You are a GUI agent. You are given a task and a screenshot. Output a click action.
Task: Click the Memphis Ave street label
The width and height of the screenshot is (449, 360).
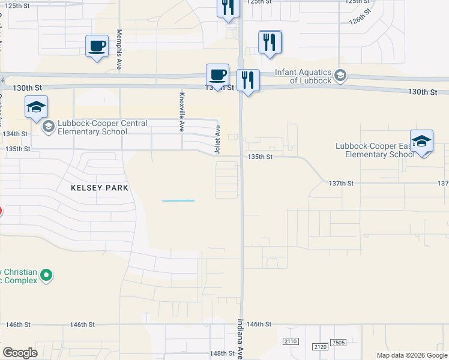point(120,50)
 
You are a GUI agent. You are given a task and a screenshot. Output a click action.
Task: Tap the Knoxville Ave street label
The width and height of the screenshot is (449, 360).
point(182,112)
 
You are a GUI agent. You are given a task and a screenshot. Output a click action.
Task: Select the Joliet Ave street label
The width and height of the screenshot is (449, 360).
point(218,137)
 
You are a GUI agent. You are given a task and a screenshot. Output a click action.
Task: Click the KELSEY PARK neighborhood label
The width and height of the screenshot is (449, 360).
point(100,188)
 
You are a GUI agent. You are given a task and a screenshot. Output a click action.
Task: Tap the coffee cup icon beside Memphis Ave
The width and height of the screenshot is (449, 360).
point(97,46)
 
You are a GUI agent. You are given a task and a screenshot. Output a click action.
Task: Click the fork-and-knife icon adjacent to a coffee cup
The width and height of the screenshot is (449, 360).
point(247,80)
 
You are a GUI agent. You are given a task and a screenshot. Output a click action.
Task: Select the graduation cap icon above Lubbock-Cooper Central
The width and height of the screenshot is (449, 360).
point(36,107)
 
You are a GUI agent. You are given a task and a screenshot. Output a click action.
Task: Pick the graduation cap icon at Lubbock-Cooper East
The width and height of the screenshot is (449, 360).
point(421,141)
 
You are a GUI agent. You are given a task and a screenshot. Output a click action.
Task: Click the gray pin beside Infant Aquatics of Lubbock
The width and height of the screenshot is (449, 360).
point(340,76)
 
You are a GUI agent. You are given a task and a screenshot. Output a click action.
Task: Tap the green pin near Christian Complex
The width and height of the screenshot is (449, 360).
point(46,275)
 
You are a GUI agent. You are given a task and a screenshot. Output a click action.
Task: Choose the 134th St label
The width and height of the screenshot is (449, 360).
point(16,134)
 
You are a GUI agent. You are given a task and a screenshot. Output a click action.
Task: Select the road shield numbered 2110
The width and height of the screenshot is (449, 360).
point(291,341)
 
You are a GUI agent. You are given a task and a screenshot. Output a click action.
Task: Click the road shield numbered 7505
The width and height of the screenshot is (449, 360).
point(337,342)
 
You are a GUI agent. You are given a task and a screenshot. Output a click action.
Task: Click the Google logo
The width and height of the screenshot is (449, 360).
point(20,353)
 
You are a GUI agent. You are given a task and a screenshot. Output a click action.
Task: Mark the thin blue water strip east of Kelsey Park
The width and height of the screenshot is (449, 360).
point(178,200)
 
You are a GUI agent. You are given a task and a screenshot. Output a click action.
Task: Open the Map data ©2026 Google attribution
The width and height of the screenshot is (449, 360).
point(411,355)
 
